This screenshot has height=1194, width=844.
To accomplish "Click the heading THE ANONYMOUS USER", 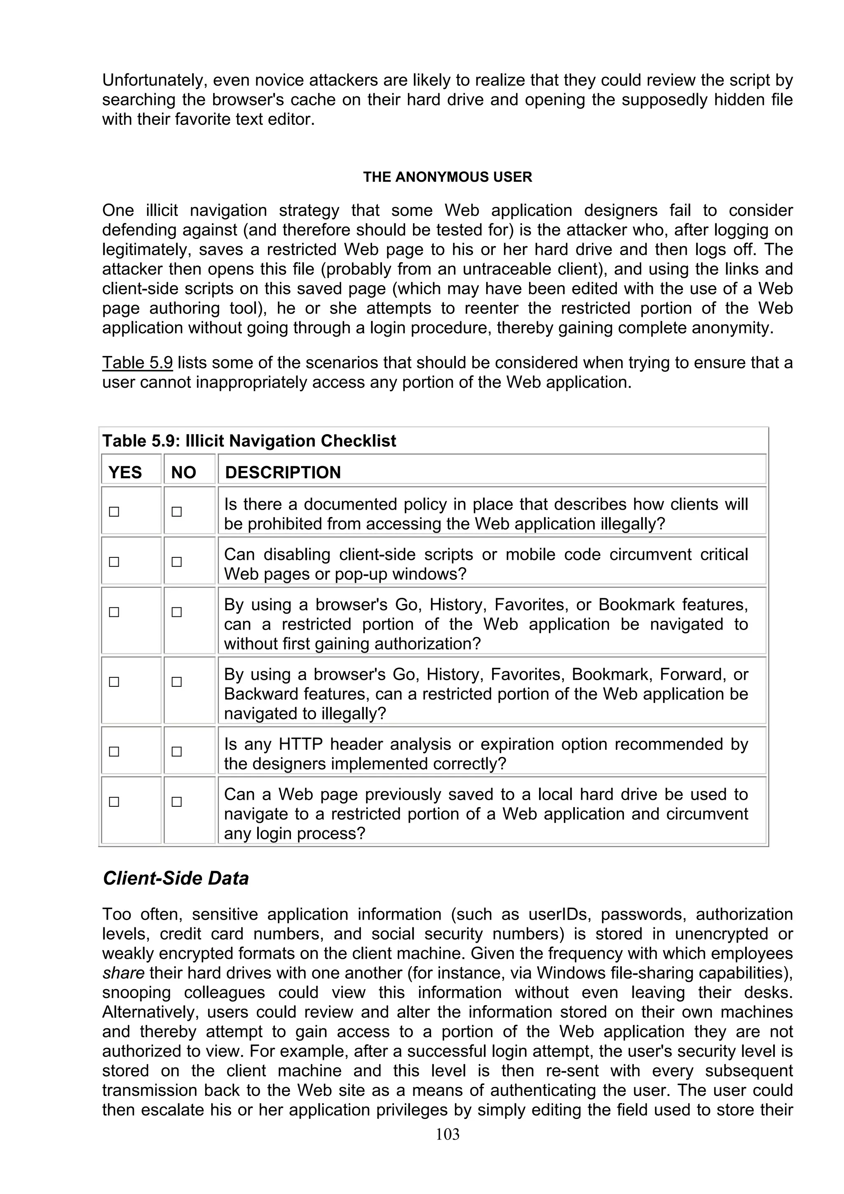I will (x=447, y=177).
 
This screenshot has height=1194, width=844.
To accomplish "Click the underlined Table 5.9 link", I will (x=137, y=363).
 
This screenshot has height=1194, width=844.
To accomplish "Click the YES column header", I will (x=125, y=472).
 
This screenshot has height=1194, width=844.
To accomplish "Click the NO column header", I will (x=183, y=472).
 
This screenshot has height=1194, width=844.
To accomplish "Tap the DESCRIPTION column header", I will (x=282, y=472).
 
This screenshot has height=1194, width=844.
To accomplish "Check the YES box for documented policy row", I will (x=114, y=512).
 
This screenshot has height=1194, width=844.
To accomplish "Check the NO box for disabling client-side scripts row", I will (x=177, y=562).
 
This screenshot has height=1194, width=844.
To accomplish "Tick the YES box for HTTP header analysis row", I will (x=114, y=752).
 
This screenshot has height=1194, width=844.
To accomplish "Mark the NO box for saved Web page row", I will (x=177, y=802).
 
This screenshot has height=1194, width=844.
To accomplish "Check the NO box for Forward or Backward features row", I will (x=177, y=682).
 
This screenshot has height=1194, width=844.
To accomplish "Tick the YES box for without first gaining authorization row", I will (x=114, y=612).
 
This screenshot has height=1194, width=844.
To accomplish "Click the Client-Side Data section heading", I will (x=176, y=878).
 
